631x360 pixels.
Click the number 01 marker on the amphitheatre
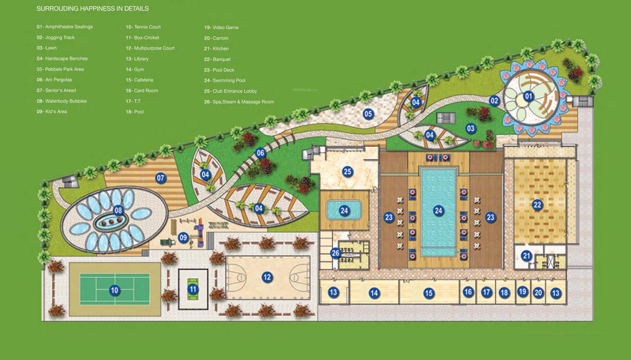coord(528,96)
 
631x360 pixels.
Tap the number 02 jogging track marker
coord(494,100)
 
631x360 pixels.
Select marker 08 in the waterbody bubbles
coord(118,210)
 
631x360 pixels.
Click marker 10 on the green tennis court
coord(114,290)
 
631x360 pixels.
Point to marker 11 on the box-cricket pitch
coord(193,289)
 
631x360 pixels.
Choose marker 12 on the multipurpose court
coord(267,277)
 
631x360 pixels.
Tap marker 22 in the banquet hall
coord(537,205)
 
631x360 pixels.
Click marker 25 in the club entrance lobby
coord(348,171)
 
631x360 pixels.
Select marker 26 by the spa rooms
coord(335,253)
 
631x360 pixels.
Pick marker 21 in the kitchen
coord(527,256)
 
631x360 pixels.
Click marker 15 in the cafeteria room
coord(428,293)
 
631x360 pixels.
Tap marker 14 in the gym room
coord(374,293)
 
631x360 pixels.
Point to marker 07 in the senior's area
coord(161,178)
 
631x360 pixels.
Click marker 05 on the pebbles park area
coord(368,113)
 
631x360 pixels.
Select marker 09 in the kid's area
coord(183,238)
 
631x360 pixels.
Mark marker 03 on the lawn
coord(470,128)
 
